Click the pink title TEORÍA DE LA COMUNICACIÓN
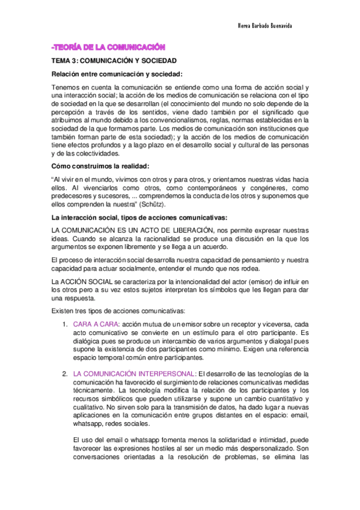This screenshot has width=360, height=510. [108, 48]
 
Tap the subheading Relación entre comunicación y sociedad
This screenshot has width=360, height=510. [112, 74]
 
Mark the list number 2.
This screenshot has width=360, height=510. [64, 374]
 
